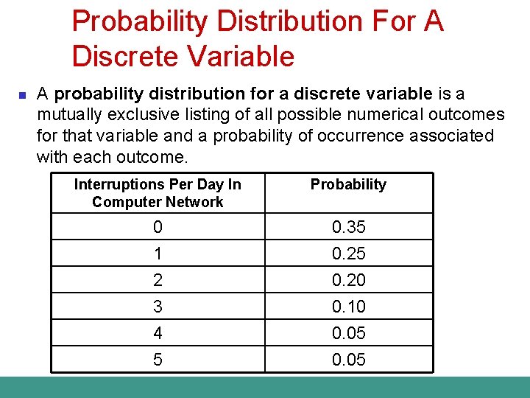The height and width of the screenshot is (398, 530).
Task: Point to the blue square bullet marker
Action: point(22,95)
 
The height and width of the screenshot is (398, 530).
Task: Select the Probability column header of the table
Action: point(348,184)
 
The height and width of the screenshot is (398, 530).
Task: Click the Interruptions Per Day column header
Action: point(158,193)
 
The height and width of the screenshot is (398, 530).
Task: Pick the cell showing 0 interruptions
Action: point(158,227)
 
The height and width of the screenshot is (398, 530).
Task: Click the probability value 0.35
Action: point(348,227)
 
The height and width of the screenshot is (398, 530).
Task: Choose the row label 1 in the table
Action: point(158,254)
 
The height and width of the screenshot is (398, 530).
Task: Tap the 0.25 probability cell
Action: point(348,254)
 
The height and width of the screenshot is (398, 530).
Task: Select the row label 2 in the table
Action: point(158,280)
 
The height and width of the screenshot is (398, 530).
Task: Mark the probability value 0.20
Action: point(348,280)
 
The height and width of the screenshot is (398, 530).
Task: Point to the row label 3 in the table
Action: point(158,307)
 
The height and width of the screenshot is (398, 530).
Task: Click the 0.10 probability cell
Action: point(348,307)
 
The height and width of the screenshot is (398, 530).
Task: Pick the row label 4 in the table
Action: point(158,333)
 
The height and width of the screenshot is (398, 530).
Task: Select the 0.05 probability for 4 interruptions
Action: point(348,333)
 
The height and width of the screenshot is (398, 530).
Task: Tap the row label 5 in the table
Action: point(158,360)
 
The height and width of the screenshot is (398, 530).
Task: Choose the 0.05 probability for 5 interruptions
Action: point(348,360)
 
